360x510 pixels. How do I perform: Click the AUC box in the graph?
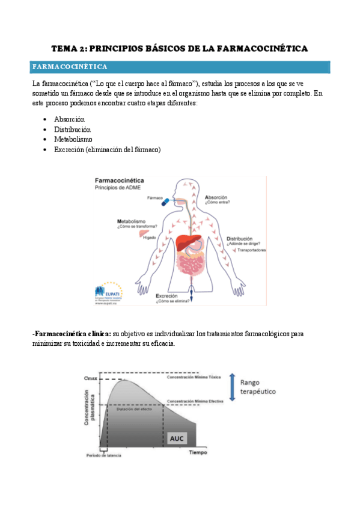pos(177,438)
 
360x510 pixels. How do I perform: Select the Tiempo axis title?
pos(198,452)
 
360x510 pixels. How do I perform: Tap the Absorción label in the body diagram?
pos(216,197)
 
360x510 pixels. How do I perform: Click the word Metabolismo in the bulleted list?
pos(73,140)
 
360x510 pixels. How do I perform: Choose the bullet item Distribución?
pos(72,129)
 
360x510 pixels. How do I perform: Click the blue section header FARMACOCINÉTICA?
pos(70,66)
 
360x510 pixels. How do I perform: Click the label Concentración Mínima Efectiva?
pos(191,401)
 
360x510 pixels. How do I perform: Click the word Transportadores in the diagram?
pos(251,250)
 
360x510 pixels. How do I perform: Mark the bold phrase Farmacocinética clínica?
pos(72,333)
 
